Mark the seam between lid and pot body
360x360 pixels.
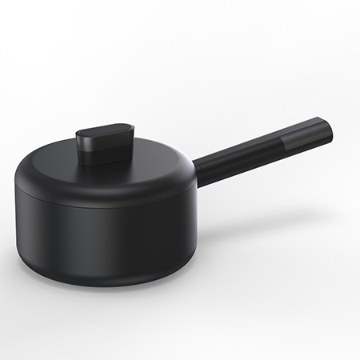click(104, 207)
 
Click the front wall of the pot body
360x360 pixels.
click(104, 244)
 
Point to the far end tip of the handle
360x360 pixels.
click(329, 130)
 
